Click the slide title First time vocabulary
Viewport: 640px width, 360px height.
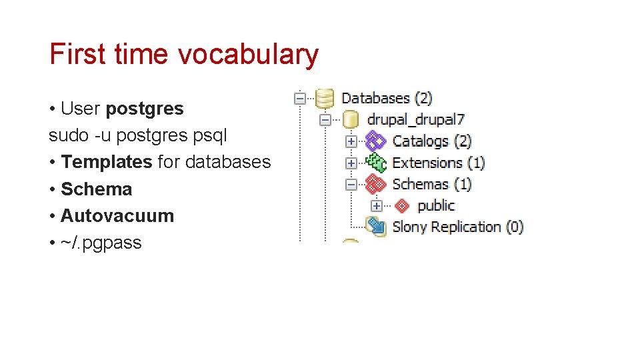[184, 55]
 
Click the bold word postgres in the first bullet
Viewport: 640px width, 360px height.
[145, 108]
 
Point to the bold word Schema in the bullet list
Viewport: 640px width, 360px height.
[97, 189]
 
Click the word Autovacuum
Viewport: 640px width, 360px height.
[117, 216]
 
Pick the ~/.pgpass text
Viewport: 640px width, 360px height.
[101, 243]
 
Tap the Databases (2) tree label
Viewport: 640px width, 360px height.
[387, 98]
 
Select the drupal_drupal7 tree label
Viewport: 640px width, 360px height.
[416, 120]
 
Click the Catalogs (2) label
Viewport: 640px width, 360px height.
[432, 141]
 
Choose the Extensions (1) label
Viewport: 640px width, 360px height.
[438, 163]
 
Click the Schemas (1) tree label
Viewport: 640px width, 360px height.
[432, 184]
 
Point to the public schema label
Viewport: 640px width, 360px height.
[436, 205]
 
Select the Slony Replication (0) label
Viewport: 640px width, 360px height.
[458, 227]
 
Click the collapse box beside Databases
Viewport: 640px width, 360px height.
[300, 99]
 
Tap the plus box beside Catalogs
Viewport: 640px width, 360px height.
[351, 141]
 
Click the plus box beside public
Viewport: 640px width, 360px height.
[376, 205]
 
